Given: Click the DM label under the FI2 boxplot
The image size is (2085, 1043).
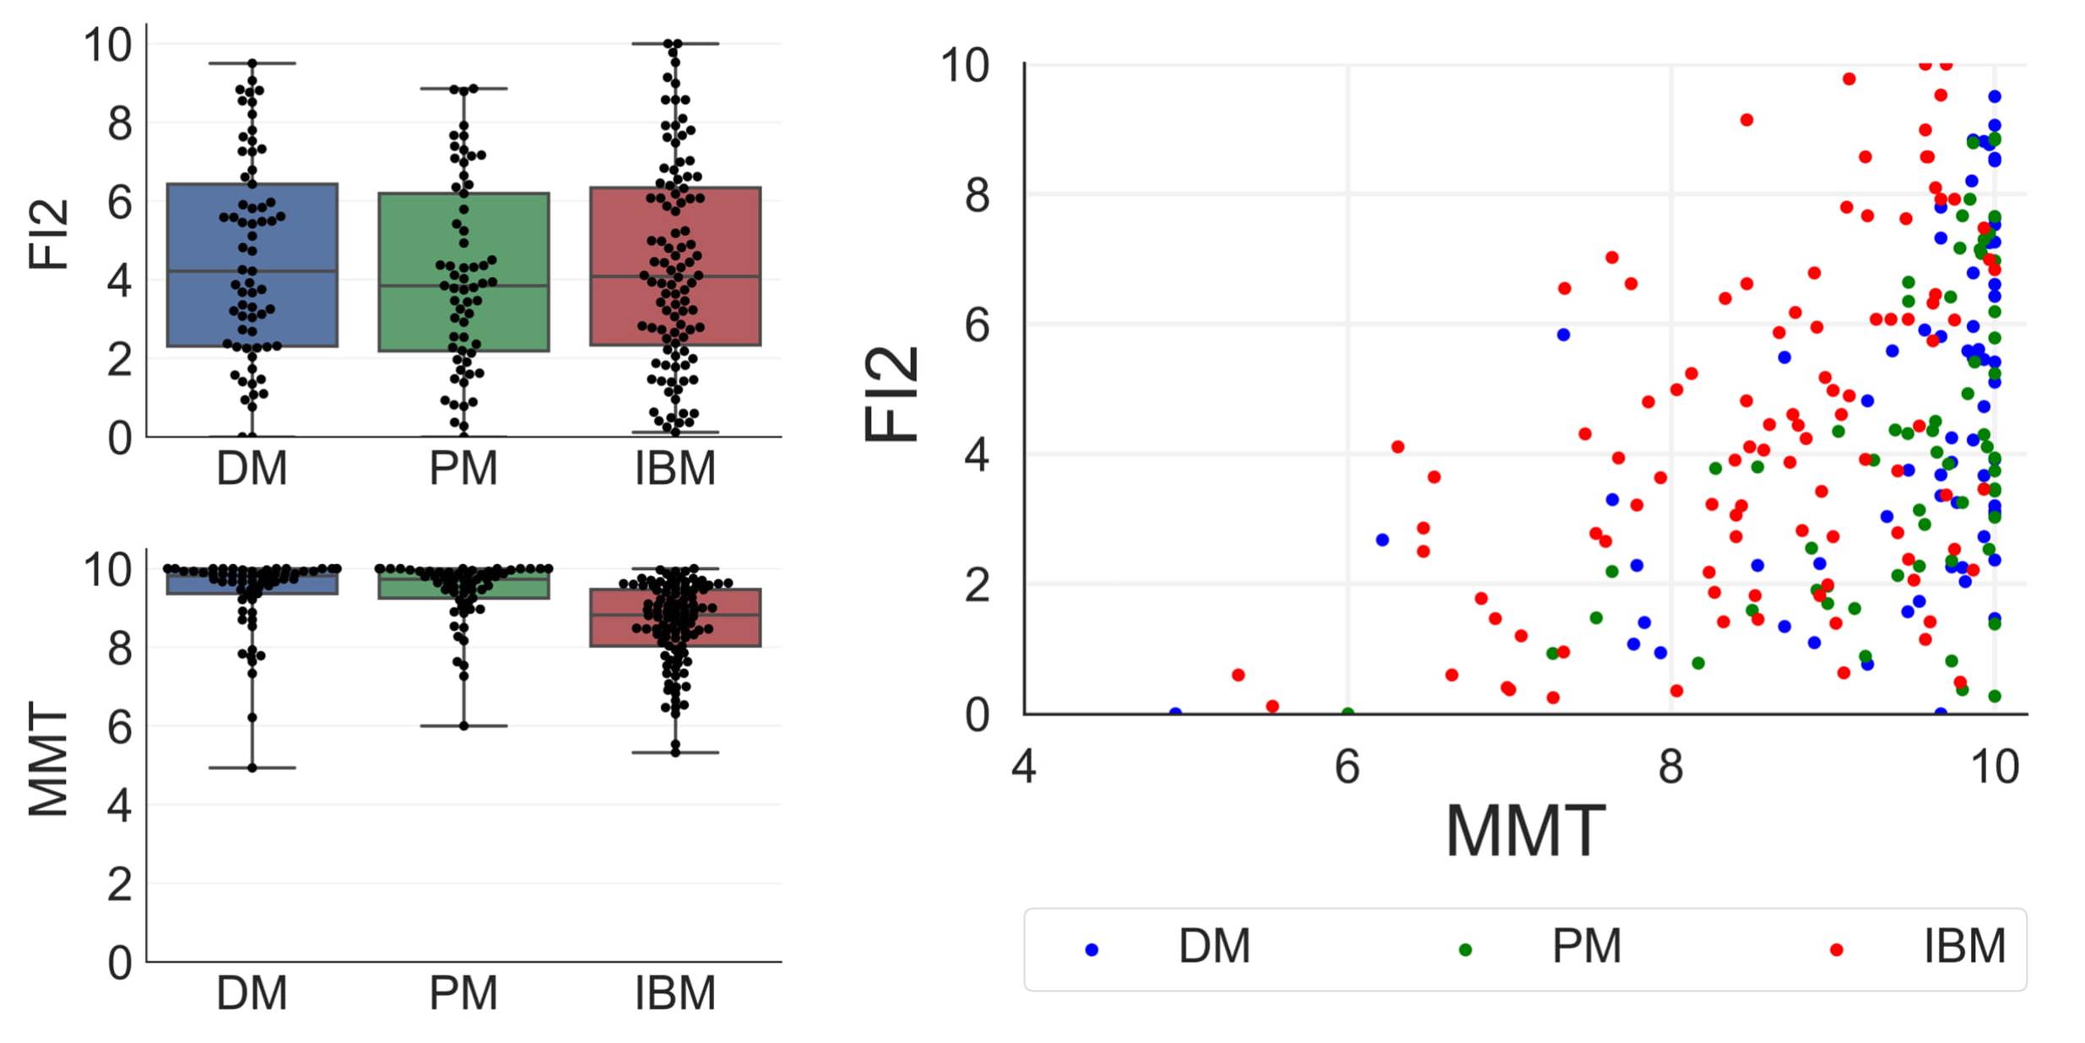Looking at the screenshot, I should (x=252, y=469).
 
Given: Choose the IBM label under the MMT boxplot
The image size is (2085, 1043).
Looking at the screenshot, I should (x=675, y=993).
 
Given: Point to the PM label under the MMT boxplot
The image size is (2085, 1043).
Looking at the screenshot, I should (x=463, y=993).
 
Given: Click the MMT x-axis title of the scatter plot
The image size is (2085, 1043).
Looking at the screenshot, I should (x=1524, y=832).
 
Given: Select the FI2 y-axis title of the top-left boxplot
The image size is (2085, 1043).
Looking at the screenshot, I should (x=48, y=234).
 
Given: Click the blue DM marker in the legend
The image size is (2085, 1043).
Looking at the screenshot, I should (x=1091, y=950).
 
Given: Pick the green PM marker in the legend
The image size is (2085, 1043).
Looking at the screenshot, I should (x=1465, y=950).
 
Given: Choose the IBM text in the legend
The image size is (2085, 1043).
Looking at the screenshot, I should (x=1964, y=947).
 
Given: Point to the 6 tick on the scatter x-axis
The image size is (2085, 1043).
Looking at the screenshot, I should (x=1347, y=767).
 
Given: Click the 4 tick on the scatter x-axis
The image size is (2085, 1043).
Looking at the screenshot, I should (x=1024, y=767).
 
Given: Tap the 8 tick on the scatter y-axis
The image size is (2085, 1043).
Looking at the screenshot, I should (x=977, y=195).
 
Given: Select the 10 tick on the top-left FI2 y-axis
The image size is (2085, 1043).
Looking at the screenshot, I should (x=108, y=45).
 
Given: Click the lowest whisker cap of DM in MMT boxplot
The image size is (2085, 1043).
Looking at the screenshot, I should (x=252, y=768).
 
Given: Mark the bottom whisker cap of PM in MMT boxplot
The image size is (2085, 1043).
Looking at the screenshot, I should (x=463, y=726).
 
